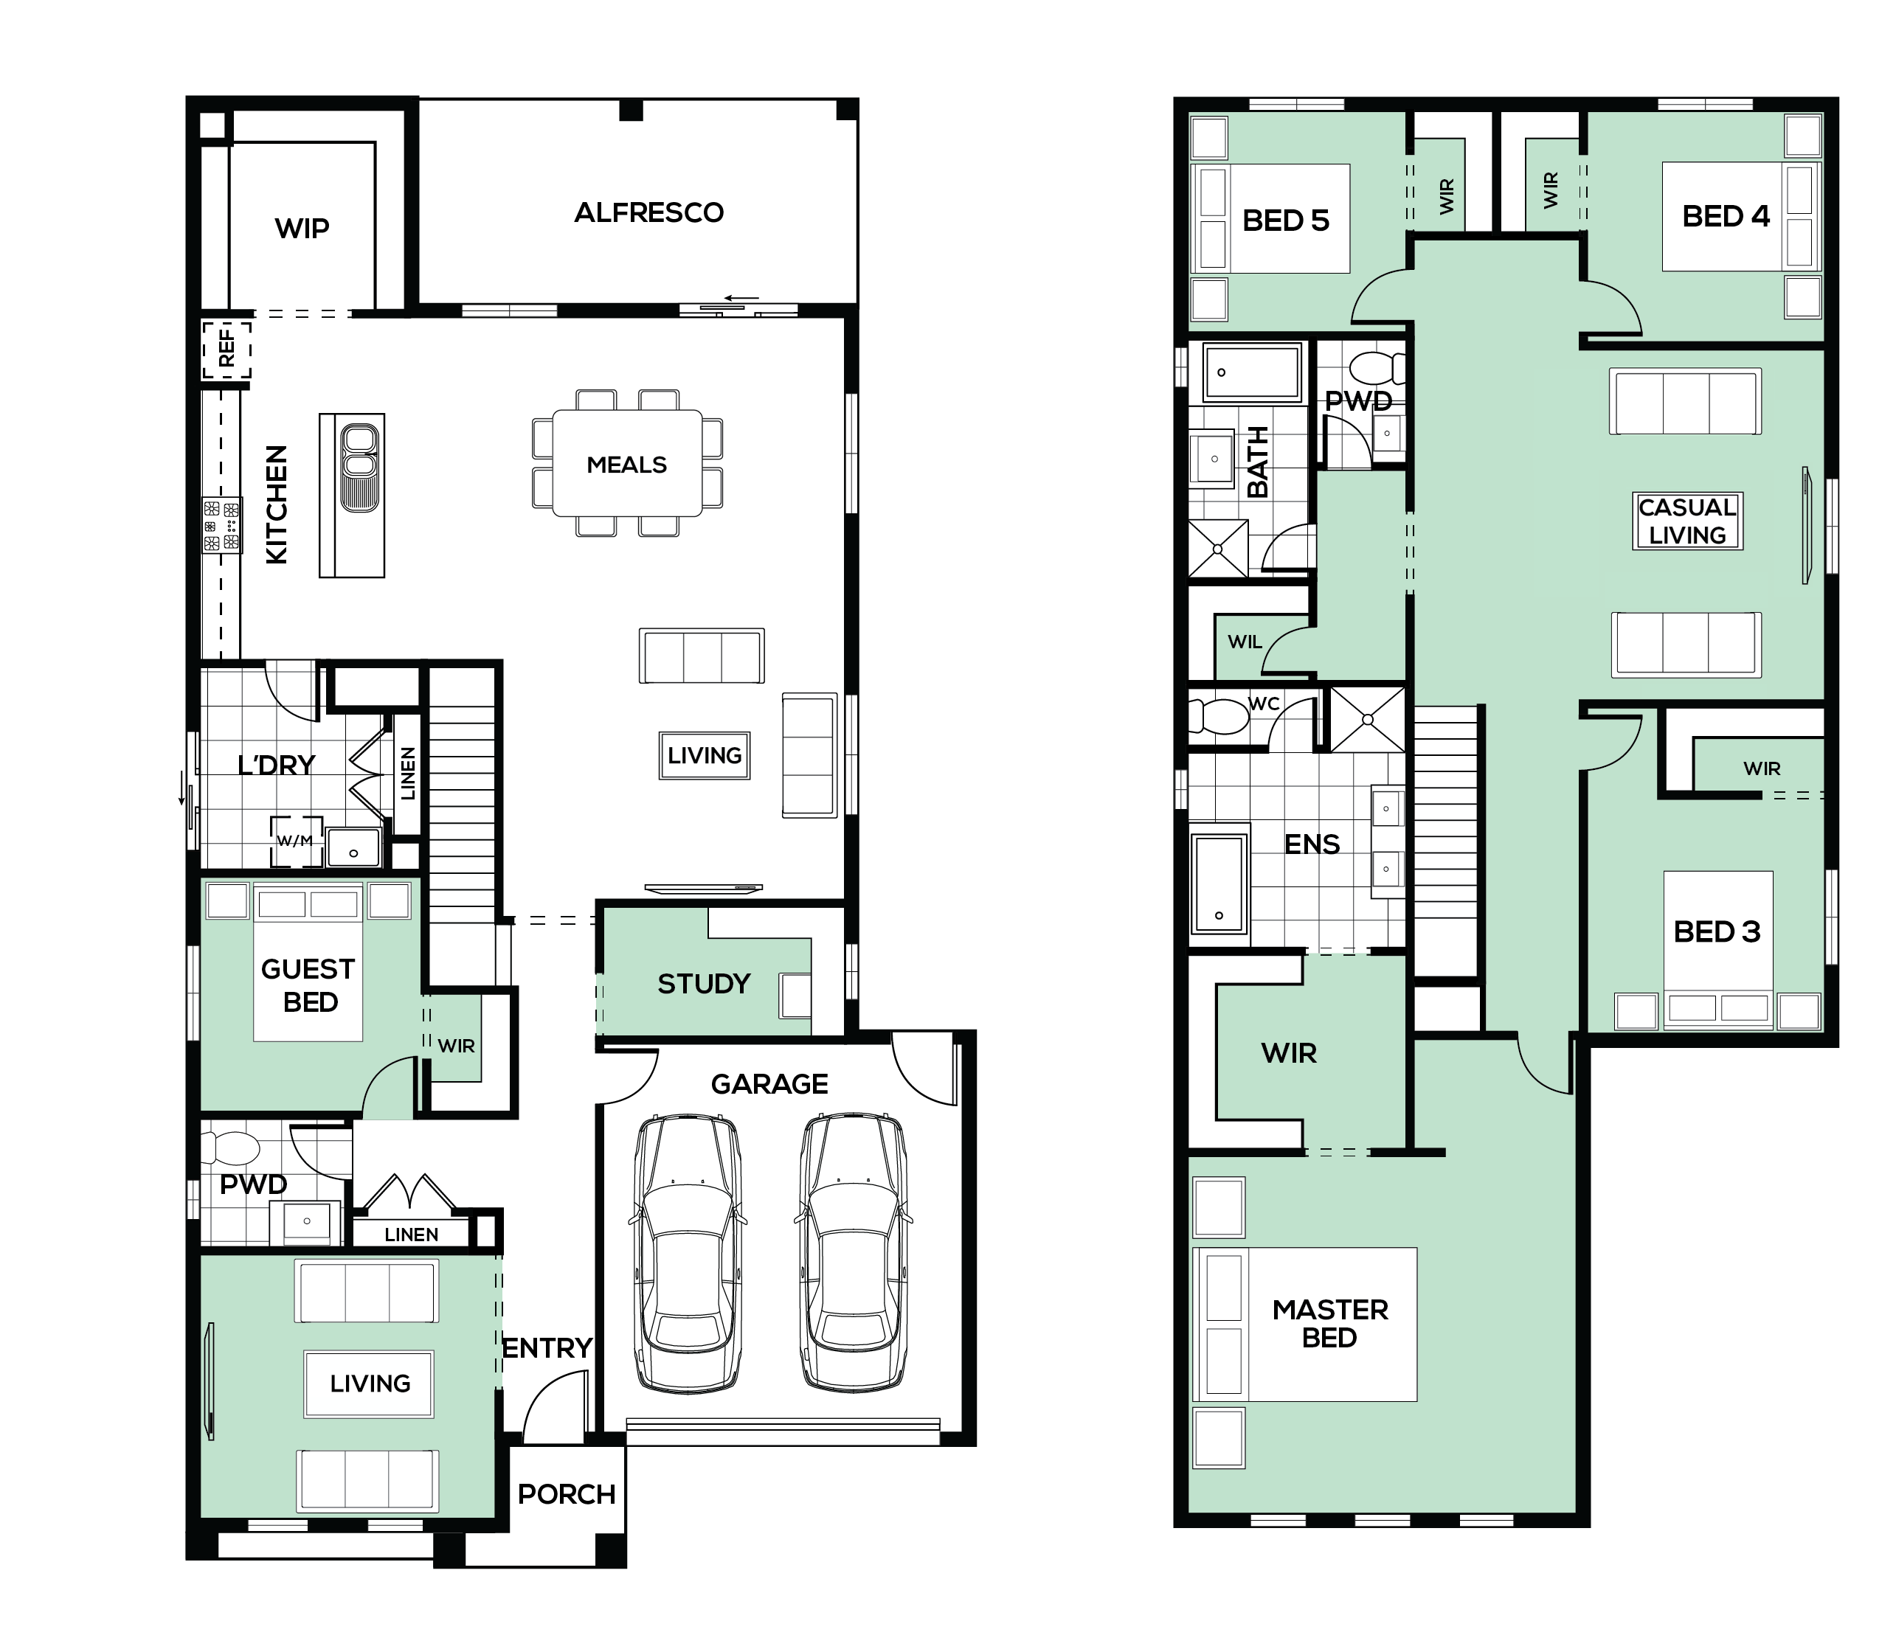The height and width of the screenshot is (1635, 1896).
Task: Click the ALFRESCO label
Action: coord(648,213)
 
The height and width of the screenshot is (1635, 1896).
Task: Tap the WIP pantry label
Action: coord(302,229)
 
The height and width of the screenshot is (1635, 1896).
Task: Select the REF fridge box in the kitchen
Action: coord(226,349)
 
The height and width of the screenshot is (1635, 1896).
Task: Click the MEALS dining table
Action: coord(627,463)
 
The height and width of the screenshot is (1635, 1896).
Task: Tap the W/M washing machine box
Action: coord(297,841)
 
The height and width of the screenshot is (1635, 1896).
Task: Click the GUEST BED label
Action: coord(308,985)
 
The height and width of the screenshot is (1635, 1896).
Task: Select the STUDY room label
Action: coord(704,985)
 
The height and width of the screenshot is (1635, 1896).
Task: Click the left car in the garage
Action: coord(688,1252)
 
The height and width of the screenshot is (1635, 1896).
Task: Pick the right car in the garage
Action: coord(854,1252)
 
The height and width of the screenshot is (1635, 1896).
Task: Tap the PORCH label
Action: coord(567,1495)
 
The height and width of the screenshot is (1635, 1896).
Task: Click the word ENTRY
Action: coord(547,1347)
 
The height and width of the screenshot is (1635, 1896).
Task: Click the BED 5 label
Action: coord(1286,221)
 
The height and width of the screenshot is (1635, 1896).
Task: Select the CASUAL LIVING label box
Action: coord(1687,521)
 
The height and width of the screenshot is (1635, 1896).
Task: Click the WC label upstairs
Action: coord(1264,704)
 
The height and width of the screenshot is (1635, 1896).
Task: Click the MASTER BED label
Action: coord(1329,1324)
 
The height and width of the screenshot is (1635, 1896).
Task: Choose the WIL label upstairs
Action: coord(1245,642)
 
